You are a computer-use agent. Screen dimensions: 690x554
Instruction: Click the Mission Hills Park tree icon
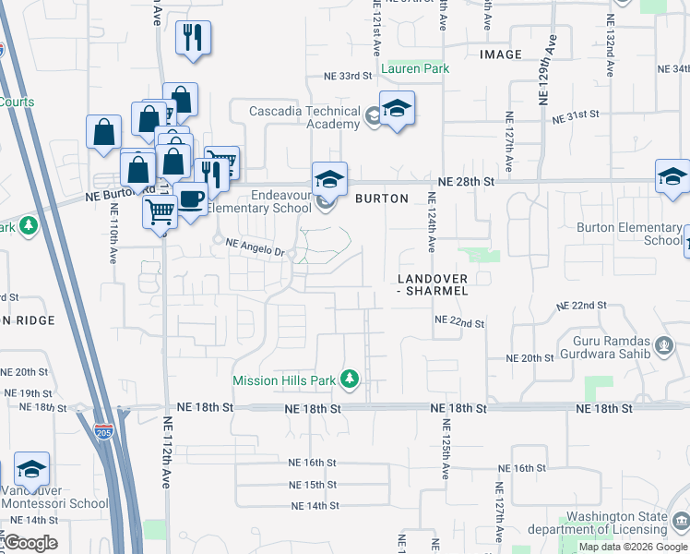click(350, 379)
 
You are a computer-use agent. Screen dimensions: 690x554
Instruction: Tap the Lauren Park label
click(414, 68)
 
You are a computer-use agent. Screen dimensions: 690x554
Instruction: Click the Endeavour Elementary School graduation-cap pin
click(329, 178)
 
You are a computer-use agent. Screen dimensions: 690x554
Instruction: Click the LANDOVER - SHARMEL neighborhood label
click(433, 284)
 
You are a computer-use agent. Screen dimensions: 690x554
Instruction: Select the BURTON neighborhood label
click(381, 199)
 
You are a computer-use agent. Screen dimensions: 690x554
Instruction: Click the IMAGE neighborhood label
click(501, 54)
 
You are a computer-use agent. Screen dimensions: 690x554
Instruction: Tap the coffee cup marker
click(191, 200)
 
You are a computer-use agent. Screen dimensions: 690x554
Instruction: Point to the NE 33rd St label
click(347, 76)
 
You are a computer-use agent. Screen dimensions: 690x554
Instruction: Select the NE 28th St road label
click(467, 182)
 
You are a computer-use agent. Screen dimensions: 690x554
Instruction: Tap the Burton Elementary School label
click(628, 234)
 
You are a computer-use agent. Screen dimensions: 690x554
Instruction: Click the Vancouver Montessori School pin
click(32, 471)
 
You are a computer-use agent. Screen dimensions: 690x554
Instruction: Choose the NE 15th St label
click(313, 485)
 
